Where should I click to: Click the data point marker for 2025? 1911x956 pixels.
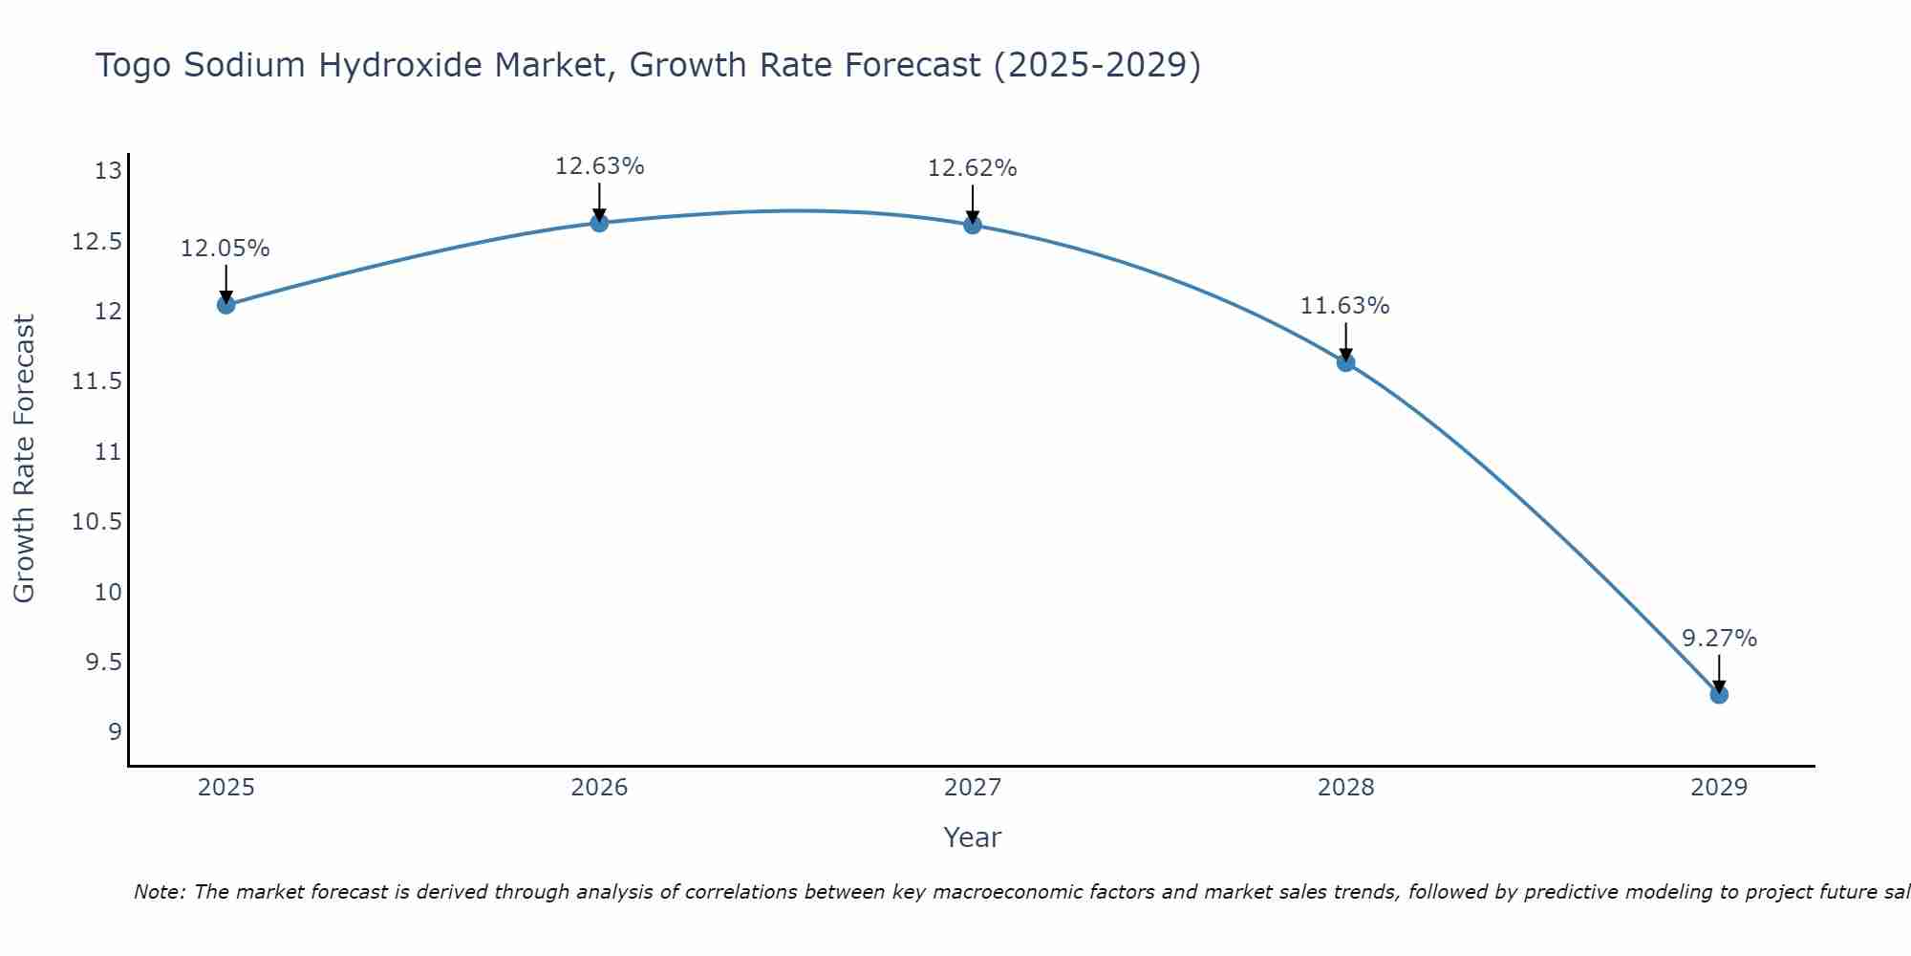(x=226, y=305)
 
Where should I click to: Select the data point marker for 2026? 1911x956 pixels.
(x=599, y=223)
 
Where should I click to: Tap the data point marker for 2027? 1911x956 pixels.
(x=973, y=225)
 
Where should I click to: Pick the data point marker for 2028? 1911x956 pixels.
(x=1345, y=362)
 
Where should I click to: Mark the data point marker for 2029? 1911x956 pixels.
(x=1719, y=694)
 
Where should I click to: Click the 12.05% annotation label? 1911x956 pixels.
(x=225, y=249)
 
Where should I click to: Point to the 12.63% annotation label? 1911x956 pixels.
(x=599, y=166)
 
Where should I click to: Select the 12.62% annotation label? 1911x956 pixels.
(x=972, y=168)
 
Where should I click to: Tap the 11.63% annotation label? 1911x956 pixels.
(x=1344, y=306)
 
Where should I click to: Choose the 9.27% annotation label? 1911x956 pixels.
(x=1719, y=639)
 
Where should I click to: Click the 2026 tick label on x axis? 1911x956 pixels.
(x=599, y=788)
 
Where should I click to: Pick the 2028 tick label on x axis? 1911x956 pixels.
(x=1345, y=788)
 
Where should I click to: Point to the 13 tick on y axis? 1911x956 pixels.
(x=109, y=172)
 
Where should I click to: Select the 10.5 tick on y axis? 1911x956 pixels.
(x=97, y=522)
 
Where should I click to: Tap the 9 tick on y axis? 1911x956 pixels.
(x=116, y=732)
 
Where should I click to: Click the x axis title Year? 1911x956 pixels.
(x=972, y=837)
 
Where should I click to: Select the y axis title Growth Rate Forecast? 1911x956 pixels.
(x=24, y=458)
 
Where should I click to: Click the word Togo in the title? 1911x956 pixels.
(x=133, y=66)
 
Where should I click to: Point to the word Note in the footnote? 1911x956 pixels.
(x=159, y=892)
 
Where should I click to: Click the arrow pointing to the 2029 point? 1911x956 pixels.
(x=1719, y=674)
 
